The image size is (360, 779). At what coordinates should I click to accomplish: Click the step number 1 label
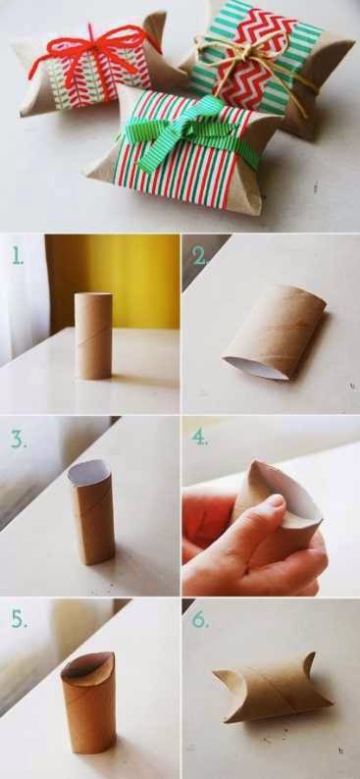pyautogui.click(x=18, y=256)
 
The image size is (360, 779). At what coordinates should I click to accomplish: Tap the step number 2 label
pyautogui.click(x=199, y=256)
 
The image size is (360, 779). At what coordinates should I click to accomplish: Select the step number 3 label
pyautogui.click(x=19, y=440)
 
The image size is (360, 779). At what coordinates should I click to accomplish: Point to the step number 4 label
pyautogui.click(x=200, y=437)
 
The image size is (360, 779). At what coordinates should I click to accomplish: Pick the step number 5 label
pyautogui.click(x=19, y=618)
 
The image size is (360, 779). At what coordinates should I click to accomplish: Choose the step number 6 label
pyautogui.click(x=200, y=618)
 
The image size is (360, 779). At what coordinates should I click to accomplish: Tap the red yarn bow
pyautogui.click(x=94, y=52)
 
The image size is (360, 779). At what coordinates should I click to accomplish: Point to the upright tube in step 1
pyautogui.click(x=93, y=336)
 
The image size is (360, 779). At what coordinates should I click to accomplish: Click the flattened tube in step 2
pyautogui.click(x=275, y=332)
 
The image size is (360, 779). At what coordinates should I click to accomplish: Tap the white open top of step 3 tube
pyautogui.click(x=88, y=472)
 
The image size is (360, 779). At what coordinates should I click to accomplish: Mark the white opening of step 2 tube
pyautogui.click(x=255, y=367)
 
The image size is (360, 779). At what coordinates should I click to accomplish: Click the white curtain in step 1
pyautogui.click(x=24, y=298)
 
